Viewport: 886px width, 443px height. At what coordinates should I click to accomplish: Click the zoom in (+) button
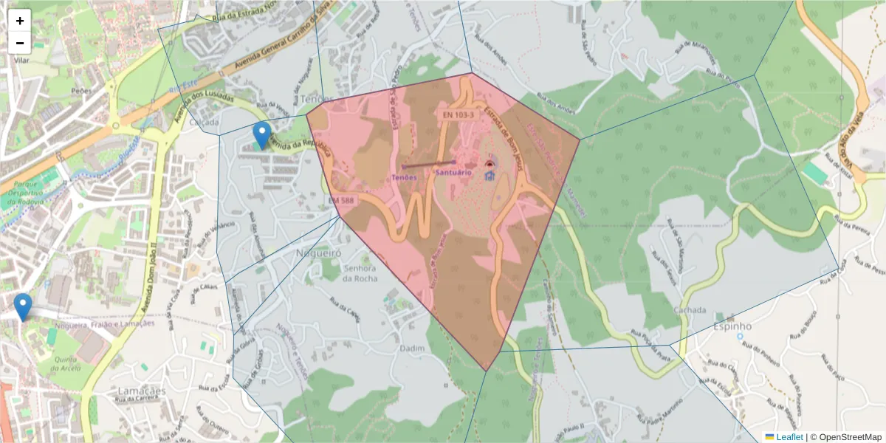click(20, 21)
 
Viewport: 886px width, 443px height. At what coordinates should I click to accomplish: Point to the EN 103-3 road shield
click(459, 115)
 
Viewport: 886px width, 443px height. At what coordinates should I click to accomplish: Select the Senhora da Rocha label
click(360, 273)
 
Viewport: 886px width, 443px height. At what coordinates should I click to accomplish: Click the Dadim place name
click(411, 348)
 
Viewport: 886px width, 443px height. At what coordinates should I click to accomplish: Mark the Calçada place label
click(203, 122)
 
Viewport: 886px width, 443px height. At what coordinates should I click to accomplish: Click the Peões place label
click(80, 90)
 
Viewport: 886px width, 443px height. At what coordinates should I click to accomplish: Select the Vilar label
click(21, 61)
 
